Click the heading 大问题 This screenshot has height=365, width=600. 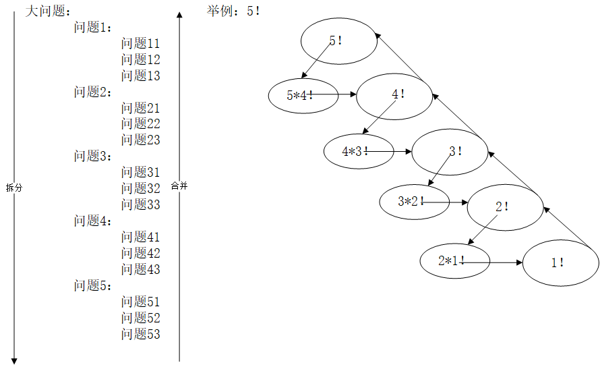click(47, 11)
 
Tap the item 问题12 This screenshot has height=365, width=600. click(141, 60)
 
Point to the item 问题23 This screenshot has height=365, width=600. click(141, 140)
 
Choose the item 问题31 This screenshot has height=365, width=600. click(141, 173)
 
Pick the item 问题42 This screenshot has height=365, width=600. click(141, 253)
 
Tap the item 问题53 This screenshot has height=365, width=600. click(141, 334)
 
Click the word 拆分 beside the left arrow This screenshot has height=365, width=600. click(13, 188)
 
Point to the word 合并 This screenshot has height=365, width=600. click(179, 186)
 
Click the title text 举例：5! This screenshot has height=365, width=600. click(233, 11)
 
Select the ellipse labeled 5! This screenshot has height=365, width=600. click(338, 41)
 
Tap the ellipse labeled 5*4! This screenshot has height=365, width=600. click(301, 95)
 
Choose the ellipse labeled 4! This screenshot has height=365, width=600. click(394, 96)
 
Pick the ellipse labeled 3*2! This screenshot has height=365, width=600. click(412, 201)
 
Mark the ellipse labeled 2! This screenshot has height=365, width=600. click(505, 207)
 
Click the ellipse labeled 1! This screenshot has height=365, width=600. click(560, 263)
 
